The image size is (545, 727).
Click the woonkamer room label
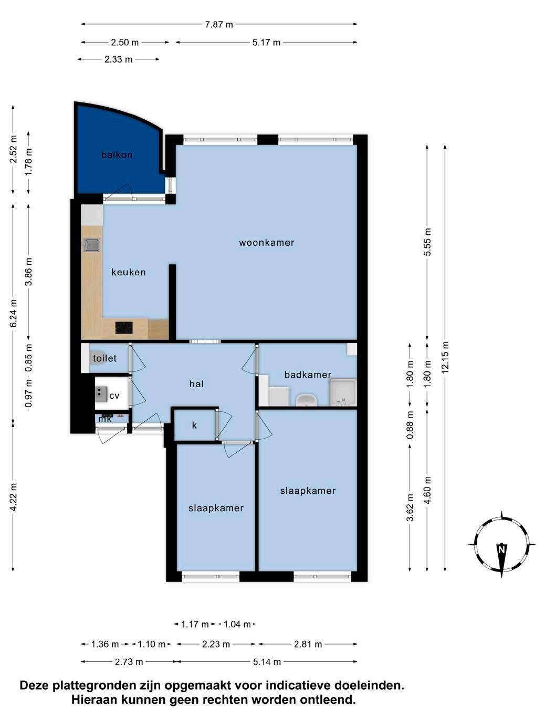(266, 243)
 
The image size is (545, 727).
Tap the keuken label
(129, 272)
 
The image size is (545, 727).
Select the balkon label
(117, 154)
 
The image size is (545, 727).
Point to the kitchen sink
(91, 245)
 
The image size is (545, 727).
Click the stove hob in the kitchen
(124, 328)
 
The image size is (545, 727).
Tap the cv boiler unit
(101, 394)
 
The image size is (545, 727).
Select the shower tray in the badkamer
(343, 393)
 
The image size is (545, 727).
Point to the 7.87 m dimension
(219, 25)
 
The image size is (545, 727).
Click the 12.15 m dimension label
(445, 357)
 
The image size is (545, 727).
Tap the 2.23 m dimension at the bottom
(216, 644)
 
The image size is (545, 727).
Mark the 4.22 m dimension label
(13, 497)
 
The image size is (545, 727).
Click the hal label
(196, 384)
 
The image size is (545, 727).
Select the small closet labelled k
(195, 425)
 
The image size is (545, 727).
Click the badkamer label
(308, 375)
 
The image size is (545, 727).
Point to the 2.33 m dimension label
(119, 59)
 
